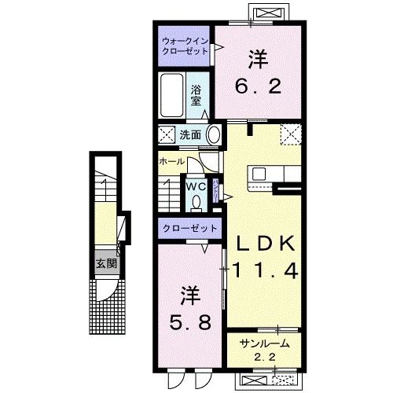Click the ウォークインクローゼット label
183,44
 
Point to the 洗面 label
189,134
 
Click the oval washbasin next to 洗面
215,134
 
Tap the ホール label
171,161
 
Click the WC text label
196,185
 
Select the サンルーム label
260,344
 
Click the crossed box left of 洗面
167,134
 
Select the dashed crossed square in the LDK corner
292,134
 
